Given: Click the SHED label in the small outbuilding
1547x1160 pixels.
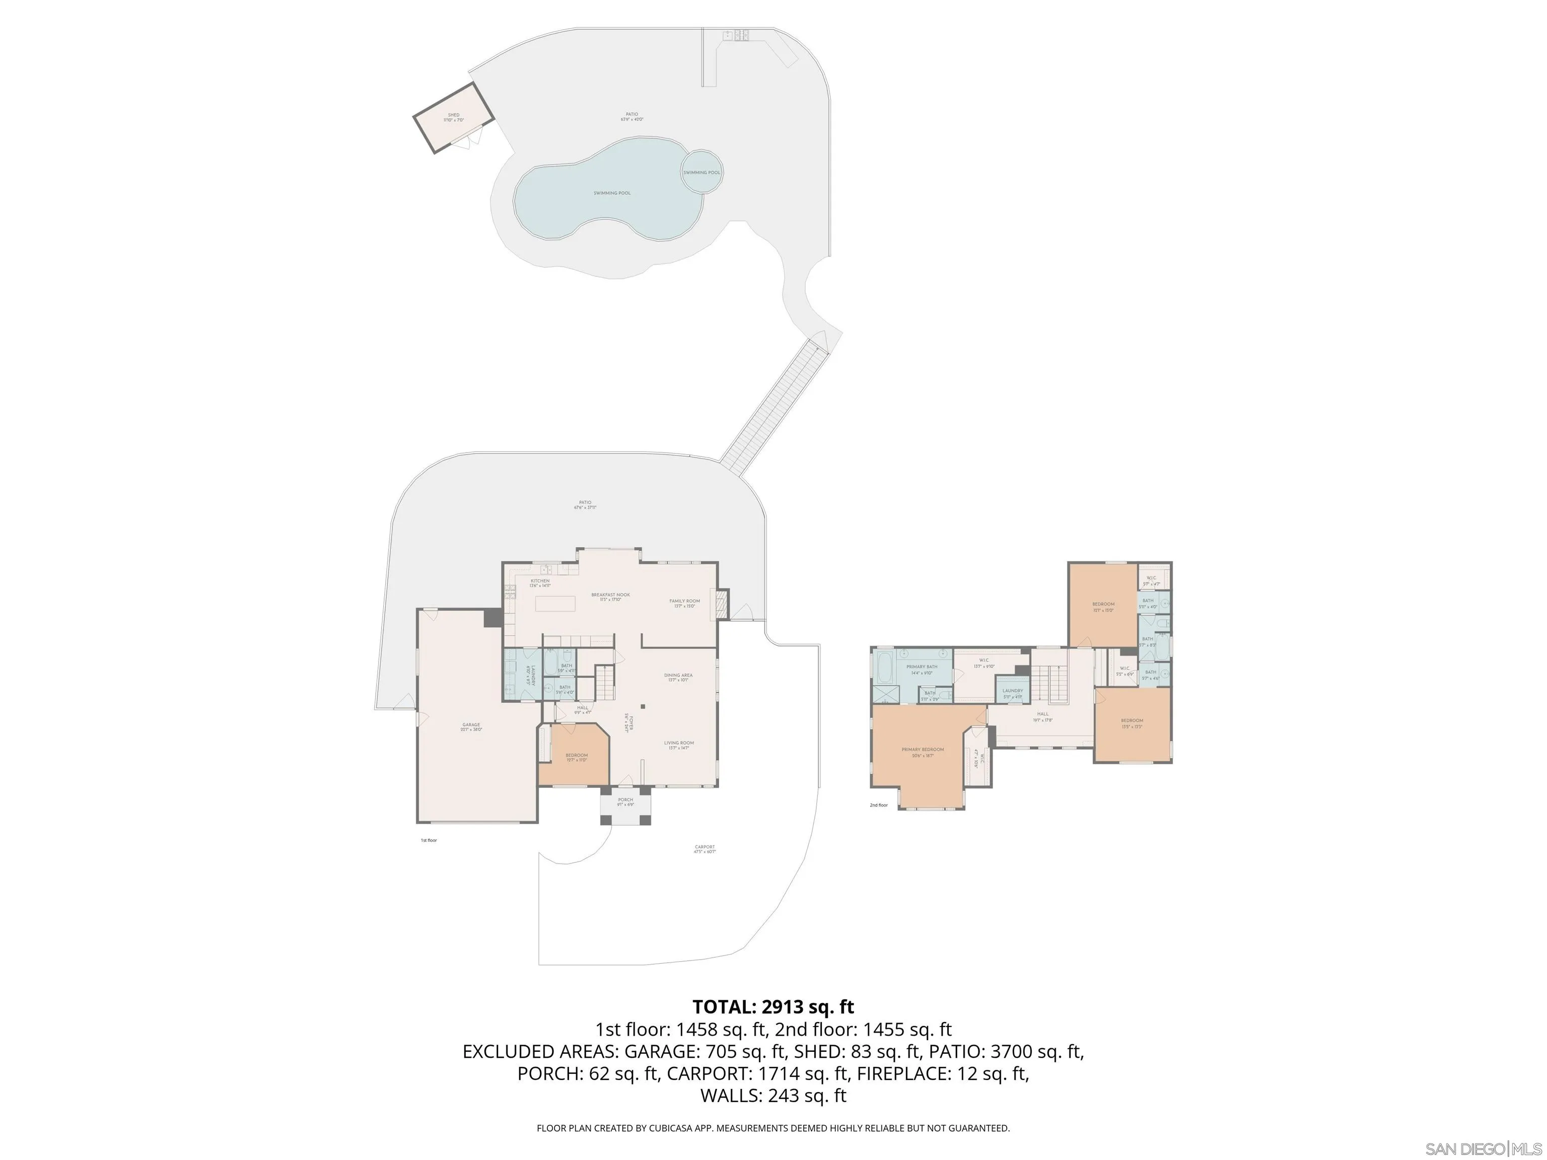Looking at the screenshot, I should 453,115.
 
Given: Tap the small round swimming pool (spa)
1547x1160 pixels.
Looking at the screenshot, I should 701,172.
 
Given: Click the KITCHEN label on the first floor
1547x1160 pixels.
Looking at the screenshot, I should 540,581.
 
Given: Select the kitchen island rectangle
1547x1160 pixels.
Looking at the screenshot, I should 555,602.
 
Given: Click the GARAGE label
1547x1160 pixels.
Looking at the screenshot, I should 471,725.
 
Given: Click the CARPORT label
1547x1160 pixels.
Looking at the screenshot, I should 705,847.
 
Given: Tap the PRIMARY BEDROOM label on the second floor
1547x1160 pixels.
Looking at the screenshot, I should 923,750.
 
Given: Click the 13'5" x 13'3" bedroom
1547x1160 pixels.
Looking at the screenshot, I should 1131,723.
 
